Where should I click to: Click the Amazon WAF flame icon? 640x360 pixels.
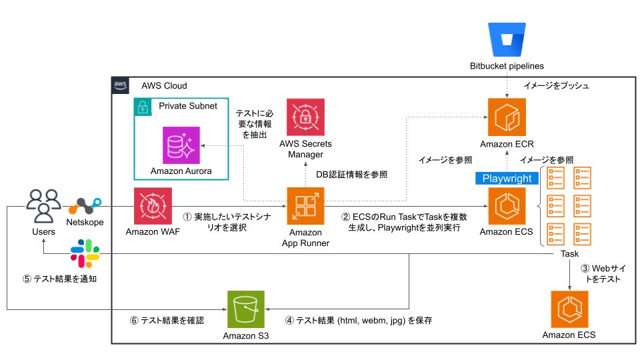153,206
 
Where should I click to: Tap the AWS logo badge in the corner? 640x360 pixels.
121,85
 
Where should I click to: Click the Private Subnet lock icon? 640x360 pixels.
141,106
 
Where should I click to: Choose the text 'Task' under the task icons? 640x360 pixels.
569,254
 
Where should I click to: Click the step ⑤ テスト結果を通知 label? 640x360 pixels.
60,279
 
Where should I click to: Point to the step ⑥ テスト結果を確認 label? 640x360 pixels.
167,320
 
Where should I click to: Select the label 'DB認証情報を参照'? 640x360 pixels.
351,174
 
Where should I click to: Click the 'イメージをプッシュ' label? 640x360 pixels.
557,85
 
